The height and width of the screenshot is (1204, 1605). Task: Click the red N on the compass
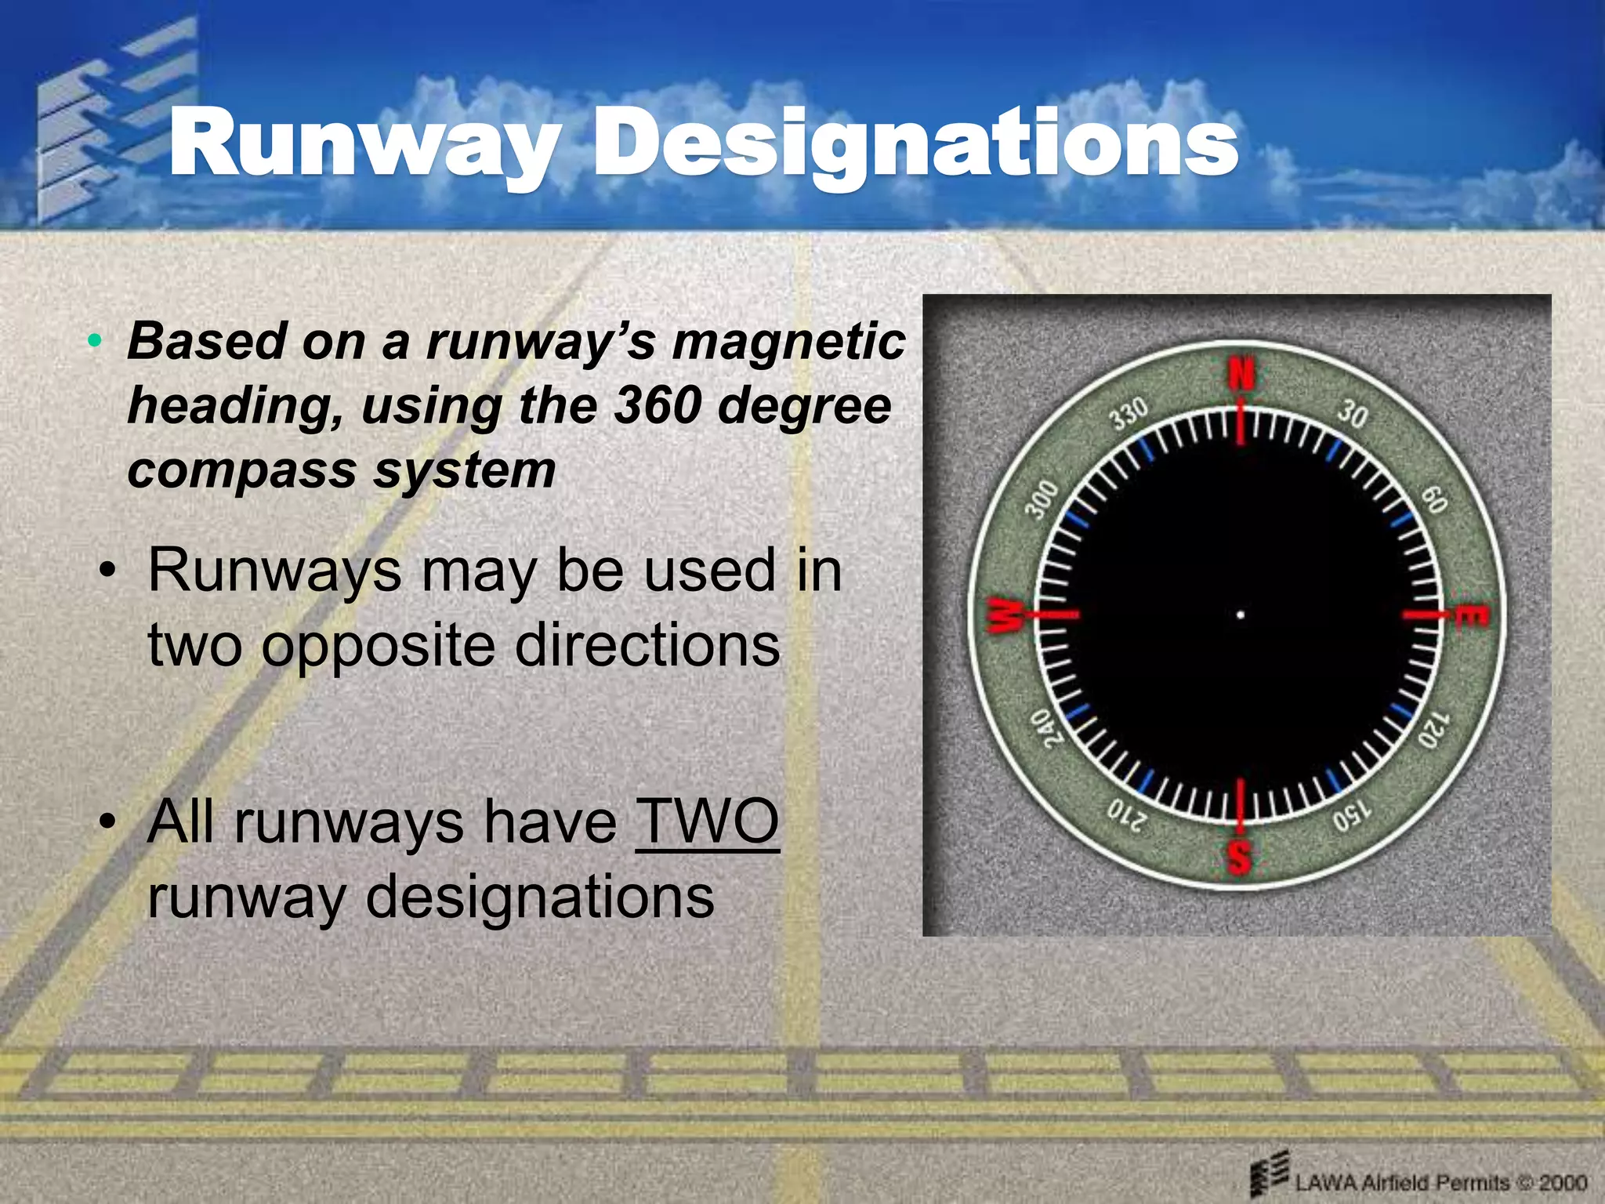pos(1241,375)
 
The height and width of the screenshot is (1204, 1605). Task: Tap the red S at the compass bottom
pos(1239,856)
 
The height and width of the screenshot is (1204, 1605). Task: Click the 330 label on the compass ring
pos(1129,413)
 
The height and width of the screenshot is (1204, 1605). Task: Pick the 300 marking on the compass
pos(1043,500)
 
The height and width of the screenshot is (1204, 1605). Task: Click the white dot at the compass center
pos(1240,615)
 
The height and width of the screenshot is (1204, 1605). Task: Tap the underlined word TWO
pos(708,821)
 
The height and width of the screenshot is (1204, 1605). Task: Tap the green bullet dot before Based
pos(95,341)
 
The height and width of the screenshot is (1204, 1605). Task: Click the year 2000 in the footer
pos(1563,1183)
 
